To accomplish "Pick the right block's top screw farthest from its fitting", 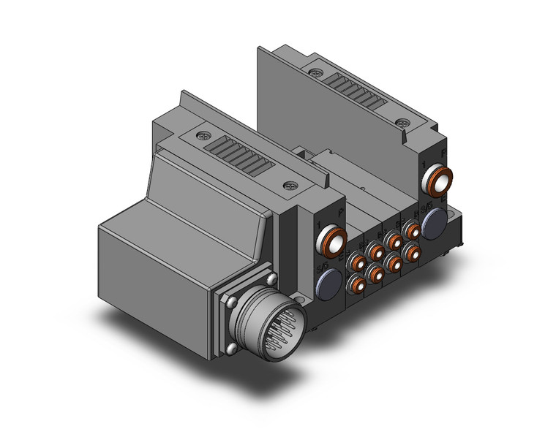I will pos(315,73).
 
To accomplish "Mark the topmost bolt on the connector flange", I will pos(272,279).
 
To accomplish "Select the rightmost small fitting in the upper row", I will pos(413,231).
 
